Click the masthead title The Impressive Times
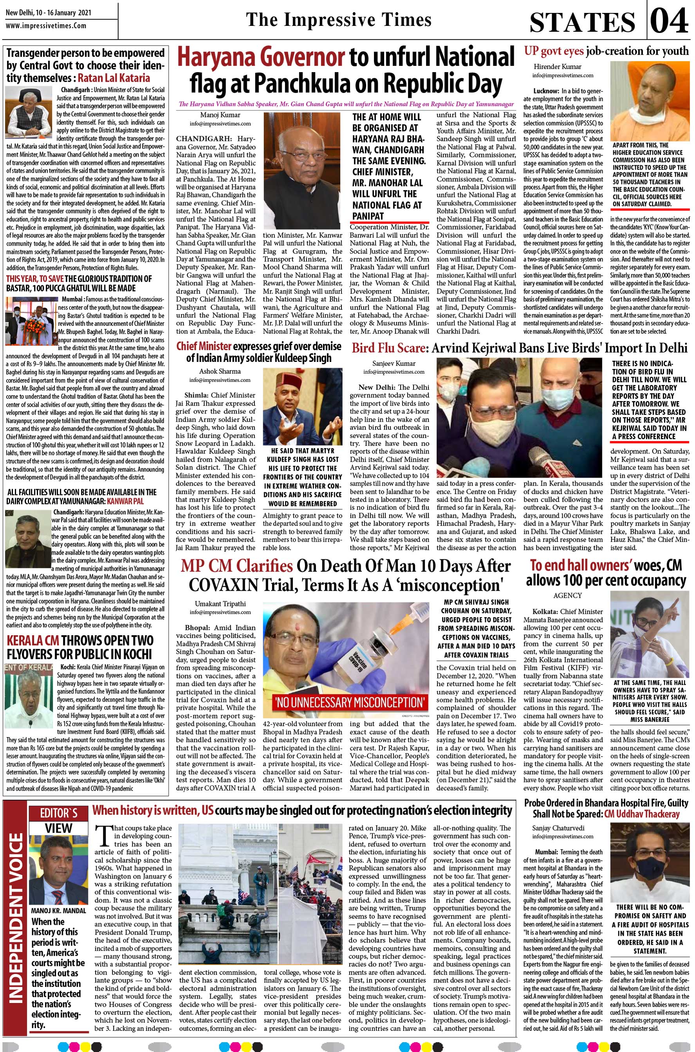[339, 20]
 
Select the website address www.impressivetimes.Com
[46, 26]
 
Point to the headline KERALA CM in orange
[32, 641]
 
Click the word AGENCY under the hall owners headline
[567, 595]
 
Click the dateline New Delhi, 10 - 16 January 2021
[48, 13]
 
